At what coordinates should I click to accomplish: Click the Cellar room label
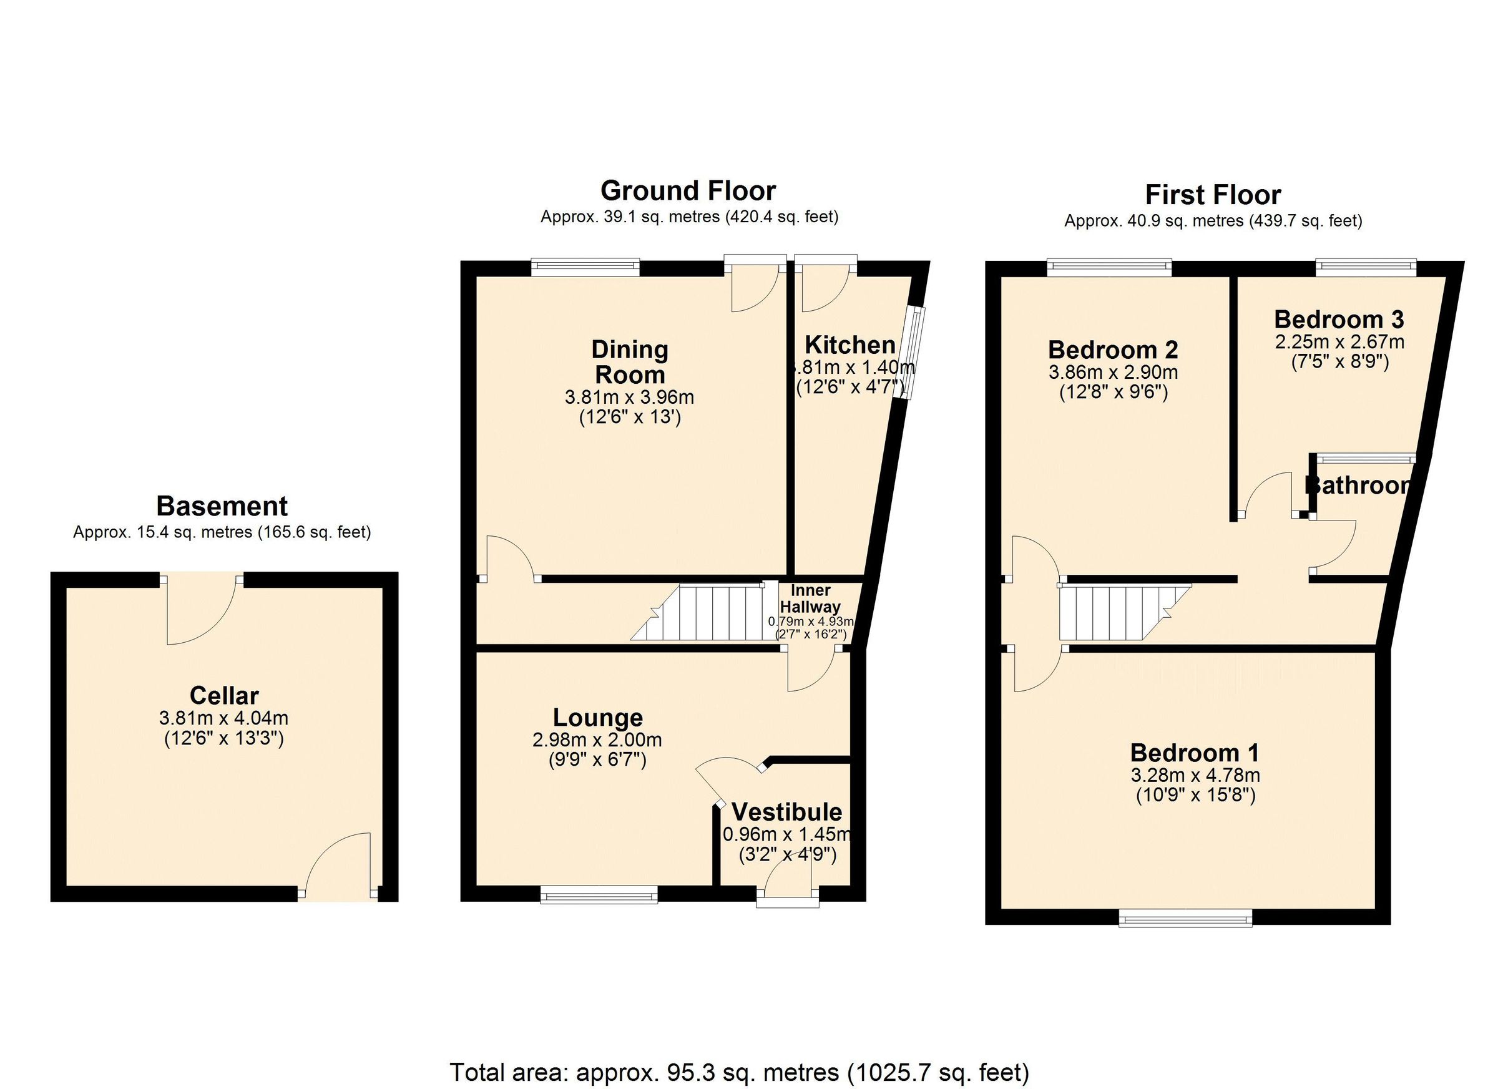[x=224, y=695]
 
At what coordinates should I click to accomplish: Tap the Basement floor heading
[x=222, y=507]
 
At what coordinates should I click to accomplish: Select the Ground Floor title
[x=688, y=191]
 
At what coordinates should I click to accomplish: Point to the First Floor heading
[x=1213, y=195]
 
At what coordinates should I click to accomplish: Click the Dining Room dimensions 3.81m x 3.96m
[x=629, y=397]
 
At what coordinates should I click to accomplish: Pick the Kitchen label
[x=849, y=344]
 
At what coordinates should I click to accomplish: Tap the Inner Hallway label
[x=810, y=598]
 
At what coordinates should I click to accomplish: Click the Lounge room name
[x=597, y=717]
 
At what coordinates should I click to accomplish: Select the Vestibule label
[x=786, y=812]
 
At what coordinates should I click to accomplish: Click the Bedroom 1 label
[x=1194, y=752]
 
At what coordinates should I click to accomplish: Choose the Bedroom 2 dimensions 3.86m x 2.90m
[x=1113, y=372]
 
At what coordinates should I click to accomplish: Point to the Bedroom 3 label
[x=1339, y=320]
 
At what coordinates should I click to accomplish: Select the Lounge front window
[x=599, y=895]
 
